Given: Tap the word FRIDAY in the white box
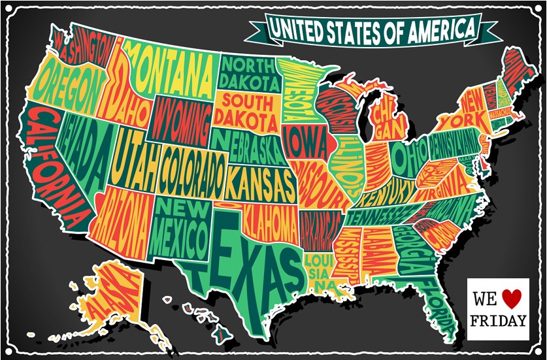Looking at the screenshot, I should tap(498, 321).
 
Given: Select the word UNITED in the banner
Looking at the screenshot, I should tap(297, 29).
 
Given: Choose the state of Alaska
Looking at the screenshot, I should tap(111, 294).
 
